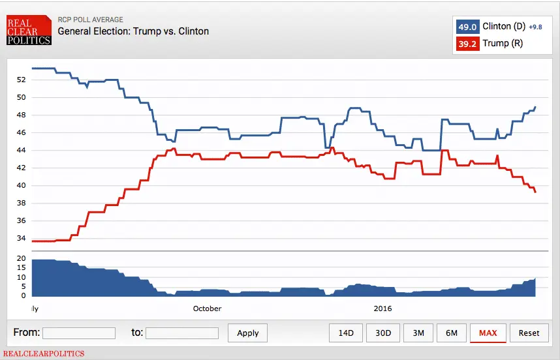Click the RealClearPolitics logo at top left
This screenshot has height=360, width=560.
[x=28, y=31]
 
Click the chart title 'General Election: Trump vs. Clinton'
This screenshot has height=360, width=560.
[x=133, y=31]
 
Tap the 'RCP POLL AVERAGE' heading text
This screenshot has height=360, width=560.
[x=90, y=20]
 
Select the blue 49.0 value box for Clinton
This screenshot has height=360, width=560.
[x=467, y=26]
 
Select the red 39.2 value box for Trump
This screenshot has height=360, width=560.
[x=467, y=44]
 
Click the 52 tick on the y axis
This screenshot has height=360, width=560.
[x=21, y=80]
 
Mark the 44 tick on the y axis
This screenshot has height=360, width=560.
[x=21, y=150]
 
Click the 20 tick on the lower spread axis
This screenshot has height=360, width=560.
[x=21, y=259]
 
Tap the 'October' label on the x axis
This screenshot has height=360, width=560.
[x=207, y=308]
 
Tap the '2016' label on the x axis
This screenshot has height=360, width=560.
[x=382, y=308]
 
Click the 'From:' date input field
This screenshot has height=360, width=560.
[x=79, y=333]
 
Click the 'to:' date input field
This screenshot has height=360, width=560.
[x=182, y=333]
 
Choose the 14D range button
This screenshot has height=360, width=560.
[x=345, y=333]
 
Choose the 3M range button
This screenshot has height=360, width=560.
[x=418, y=333]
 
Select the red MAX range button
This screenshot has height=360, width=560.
[x=488, y=333]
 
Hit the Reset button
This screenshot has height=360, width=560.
[x=529, y=333]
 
